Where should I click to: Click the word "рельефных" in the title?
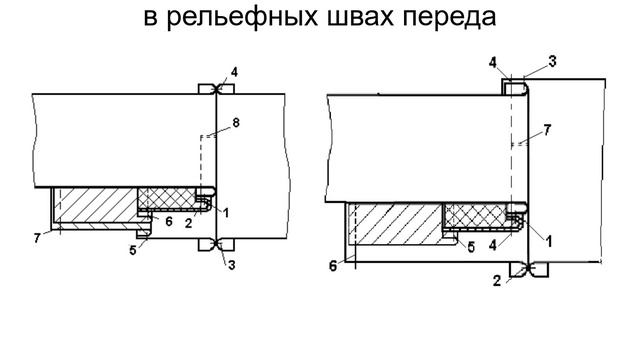pyautogui.click(x=243, y=17)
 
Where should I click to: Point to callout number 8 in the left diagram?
pyautogui.click(x=236, y=122)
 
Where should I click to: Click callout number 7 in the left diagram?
pyautogui.click(x=37, y=238)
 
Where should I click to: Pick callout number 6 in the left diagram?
pyautogui.click(x=169, y=221)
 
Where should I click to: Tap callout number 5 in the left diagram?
pyautogui.click(x=133, y=250)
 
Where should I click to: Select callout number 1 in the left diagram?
pyautogui.click(x=226, y=212)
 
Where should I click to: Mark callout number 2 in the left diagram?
pyautogui.click(x=188, y=223)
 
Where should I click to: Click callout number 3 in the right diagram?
pyautogui.click(x=552, y=62)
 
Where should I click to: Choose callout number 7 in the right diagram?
pyautogui.click(x=547, y=130)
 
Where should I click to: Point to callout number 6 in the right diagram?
pyautogui.click(x=333, y=266)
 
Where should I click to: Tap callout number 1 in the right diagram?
pyautogui.click(x=549, y=241)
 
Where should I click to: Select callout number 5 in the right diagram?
pyautogui.click(x=471, y=247)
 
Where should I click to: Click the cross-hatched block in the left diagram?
pyautogui.click(x=167, y=198)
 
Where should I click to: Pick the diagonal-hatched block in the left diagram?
pyautogui.click(x=96, y=205)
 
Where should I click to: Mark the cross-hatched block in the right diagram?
pyautogui.click(x=476, y=215)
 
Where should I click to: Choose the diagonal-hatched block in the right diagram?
pyautogui.click(x=396, y=224)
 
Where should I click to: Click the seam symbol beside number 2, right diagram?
pyautogui.click(x=529, y=269)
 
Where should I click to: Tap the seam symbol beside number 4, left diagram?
pyautogui.click(x=216, y=89)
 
